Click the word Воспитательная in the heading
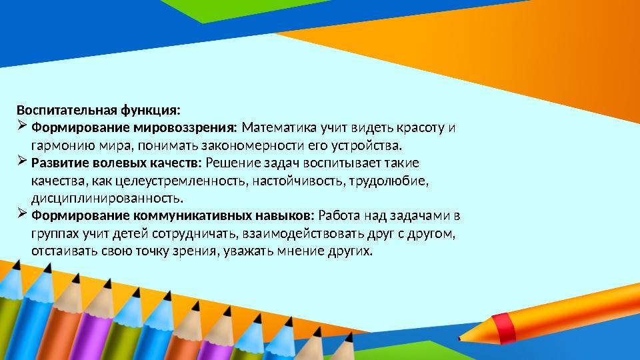tap(60, 109)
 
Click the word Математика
tap(279, 127)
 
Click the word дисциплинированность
tap(107, 199)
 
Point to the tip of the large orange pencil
tap(461, 339)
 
